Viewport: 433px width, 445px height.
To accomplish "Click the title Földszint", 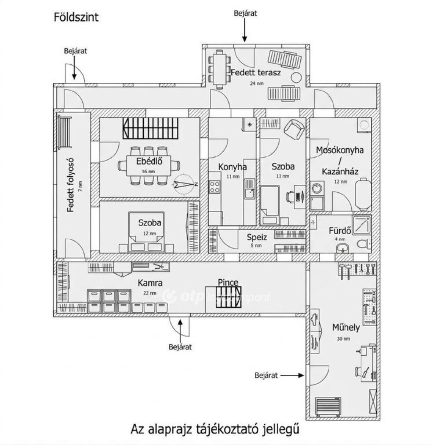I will point(76,18).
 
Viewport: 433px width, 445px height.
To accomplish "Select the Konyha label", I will point(232,167).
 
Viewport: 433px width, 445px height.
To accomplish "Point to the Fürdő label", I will point(340,231).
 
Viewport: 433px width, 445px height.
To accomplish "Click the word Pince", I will point(228,282).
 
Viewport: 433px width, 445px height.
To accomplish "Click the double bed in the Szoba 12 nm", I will point(146,232).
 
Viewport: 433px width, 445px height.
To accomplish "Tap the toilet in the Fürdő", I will point(362,244).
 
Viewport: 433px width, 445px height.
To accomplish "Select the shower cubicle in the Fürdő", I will point(362,224).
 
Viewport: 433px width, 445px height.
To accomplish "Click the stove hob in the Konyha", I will point(215,186).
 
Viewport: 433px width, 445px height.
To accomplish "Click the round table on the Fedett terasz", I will point(296,77).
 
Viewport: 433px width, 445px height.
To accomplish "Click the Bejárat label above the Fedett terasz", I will point(245,13).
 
